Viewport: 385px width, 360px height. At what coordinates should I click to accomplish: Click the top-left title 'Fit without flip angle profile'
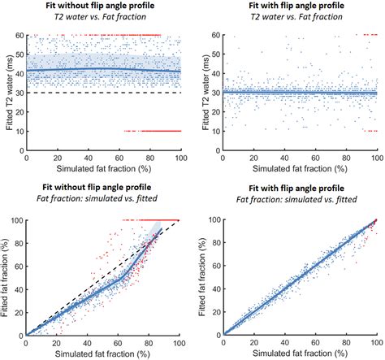pos(100,6)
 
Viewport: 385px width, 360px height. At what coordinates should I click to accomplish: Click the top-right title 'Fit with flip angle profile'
pos(296,6)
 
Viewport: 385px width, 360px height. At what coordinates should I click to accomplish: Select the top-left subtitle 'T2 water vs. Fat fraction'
pos(100,17)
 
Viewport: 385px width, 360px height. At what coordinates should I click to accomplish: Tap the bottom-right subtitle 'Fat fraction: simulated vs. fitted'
pos(296,200)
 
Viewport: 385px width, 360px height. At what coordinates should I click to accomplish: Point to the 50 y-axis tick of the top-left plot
pos(21,54)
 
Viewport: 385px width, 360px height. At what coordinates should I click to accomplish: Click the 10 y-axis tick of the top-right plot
pos(217,132)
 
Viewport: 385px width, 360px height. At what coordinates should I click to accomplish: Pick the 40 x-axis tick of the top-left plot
pos(89,158)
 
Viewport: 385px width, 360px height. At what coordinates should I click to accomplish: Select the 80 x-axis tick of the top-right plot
pos(346,158)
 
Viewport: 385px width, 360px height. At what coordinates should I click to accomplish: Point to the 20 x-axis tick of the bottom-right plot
pos(254,343)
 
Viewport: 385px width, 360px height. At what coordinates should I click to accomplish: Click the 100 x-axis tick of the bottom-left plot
pos(179,343)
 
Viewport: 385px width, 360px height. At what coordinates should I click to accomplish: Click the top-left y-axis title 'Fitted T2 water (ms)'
pos(10,93)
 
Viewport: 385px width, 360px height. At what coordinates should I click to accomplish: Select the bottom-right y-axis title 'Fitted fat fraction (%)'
pos(201,277)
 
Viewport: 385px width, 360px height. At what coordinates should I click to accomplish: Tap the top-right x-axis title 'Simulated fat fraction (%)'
pos(300,169)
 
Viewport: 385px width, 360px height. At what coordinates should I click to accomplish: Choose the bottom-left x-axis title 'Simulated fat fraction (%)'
pos(102,353)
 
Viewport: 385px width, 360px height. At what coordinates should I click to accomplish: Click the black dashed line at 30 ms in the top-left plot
pos(104,93)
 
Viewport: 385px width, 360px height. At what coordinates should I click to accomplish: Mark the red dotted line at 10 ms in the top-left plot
pos(153,131)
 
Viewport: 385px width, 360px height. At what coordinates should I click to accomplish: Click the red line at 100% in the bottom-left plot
pos(151,220)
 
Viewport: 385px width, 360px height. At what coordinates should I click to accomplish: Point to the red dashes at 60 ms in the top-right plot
pos(370,35)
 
